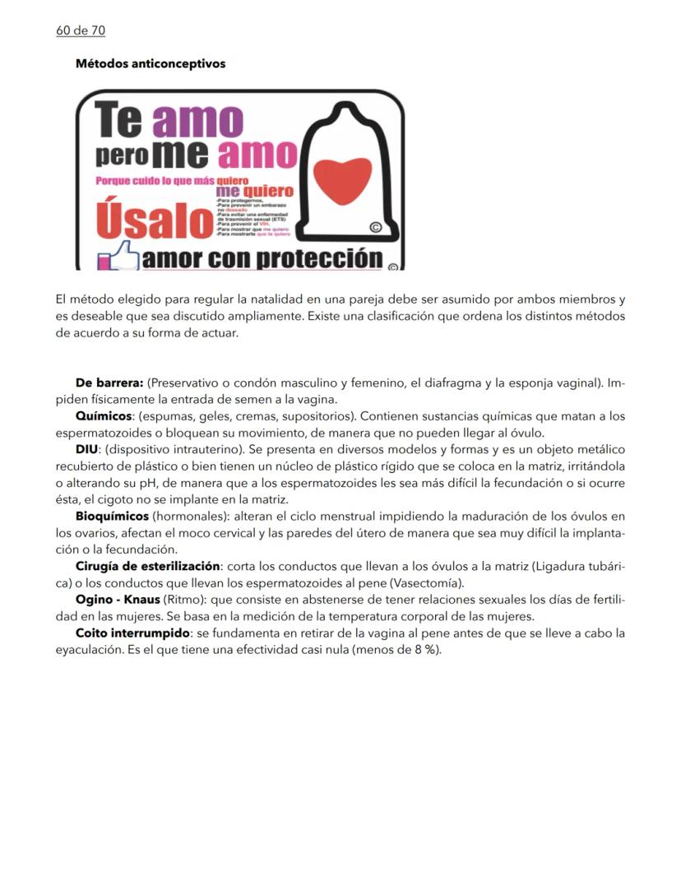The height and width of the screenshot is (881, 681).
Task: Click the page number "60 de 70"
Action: tap(81, 31)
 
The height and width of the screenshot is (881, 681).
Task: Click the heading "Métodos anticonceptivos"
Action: tap(150, 63)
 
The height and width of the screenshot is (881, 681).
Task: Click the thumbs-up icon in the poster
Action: tap(117, 258)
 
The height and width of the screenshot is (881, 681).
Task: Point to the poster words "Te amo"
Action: tap(168, 120)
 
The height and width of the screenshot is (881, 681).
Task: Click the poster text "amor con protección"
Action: tap(262, 259)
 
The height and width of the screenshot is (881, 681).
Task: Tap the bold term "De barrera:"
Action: tap(109, 383)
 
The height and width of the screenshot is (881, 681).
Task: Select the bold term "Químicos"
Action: tap(104, 416)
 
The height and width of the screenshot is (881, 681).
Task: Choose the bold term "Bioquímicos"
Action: tap(113, 516)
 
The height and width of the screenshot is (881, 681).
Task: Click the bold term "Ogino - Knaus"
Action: tap(118, 600)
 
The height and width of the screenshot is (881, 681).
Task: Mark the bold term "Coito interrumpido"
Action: tap(132, 633)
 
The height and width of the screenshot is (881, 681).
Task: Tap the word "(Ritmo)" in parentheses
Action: tap(185, 600)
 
